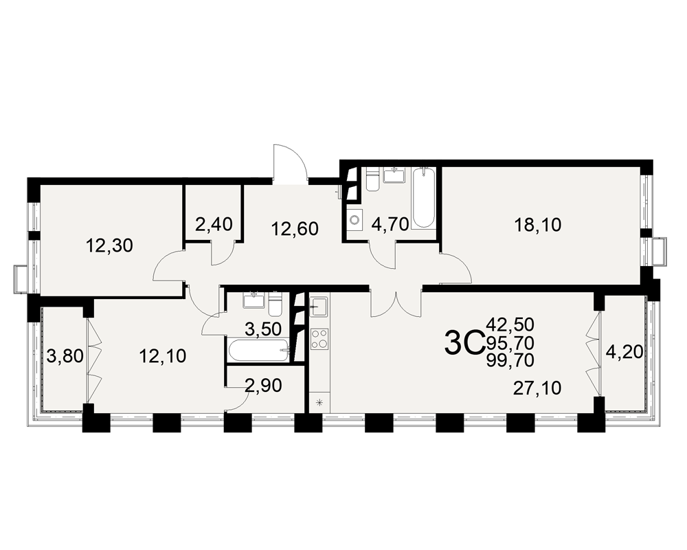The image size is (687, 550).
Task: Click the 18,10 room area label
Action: coord(538,225)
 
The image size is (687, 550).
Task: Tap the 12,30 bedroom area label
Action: coord(109,246)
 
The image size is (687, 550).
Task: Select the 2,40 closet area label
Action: coord(214,225)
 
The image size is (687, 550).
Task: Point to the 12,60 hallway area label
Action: coord(295,228)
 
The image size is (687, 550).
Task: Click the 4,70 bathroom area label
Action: coord(390,224)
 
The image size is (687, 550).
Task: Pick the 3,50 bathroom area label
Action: coord(263,329)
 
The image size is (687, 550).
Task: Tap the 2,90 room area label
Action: coord(263,386)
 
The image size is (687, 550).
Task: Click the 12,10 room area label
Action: coord(163,355)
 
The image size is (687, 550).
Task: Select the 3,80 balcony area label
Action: coord(65,356)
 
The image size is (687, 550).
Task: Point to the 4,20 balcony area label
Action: coord(624,351)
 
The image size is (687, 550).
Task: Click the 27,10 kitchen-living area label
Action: coord(537,388)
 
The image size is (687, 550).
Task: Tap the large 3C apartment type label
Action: coord(463,344)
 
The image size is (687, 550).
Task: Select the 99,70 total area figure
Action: coord(510,360)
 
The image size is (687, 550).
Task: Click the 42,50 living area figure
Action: coord(510,325)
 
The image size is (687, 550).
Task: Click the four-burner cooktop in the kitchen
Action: coord(319,339)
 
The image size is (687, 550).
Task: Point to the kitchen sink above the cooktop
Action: coord(319,306)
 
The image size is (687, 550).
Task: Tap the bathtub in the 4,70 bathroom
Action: coord(423,198)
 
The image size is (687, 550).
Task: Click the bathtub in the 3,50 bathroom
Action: coord(258,350)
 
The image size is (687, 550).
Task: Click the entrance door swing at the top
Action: coord(289,162)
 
